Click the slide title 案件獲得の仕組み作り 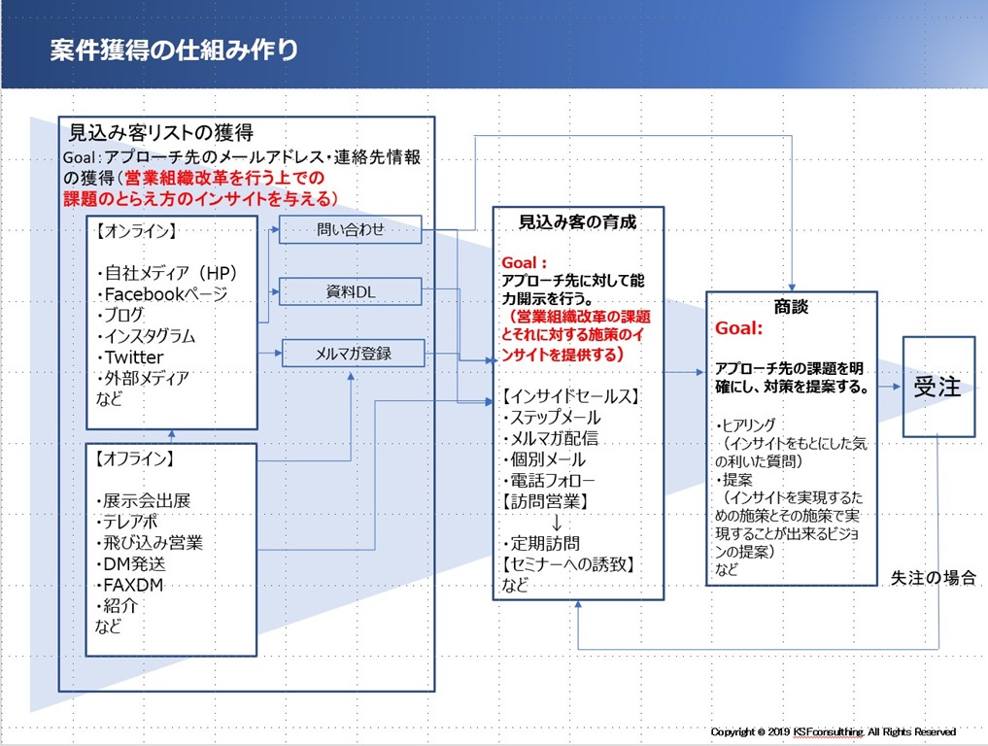click(x=174, y=51)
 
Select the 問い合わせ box click(x=351, y=229)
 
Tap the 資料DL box click(x=351, y=291)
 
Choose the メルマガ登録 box click(x=353, y=353)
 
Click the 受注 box click(x=938, y=387)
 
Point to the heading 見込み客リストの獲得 click(x=160, y=132)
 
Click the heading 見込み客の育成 click(x=577, y=221)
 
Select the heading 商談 click(x=791, y=306)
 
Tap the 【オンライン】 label click(x=135, y=230)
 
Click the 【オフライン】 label click(x=135, y=458)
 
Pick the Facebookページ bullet click(x=162, y=294)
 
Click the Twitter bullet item click(x=130, y=357)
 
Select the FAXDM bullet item click(x=130, y=585)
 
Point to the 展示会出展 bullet click(x=144, y=501)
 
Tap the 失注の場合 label click(x=934, y=577)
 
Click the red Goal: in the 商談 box click(x=738, y=327)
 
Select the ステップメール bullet click(x=552, y=417)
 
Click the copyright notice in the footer click(x=833, y=731)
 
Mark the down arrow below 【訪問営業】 click(x=557, y=523)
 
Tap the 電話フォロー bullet click(x=549, y=481)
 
